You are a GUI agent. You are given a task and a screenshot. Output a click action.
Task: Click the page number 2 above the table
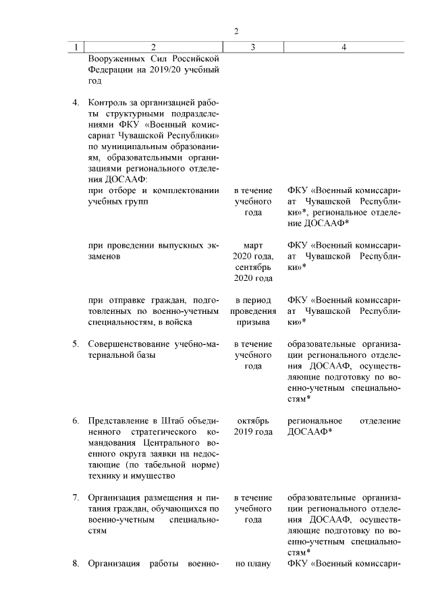point(236,31)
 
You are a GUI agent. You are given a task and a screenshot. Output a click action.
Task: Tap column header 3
point(252,47)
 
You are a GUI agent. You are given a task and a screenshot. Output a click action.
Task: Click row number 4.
point(76,103)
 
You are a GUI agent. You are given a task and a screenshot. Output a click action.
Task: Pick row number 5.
point(76,344)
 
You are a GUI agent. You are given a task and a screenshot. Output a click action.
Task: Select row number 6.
point(76,421)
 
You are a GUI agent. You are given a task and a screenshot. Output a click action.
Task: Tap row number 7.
point(76,498)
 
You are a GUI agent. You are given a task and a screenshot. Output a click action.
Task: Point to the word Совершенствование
point(129,344)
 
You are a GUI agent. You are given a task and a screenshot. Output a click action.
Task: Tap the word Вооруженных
point(115,59)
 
